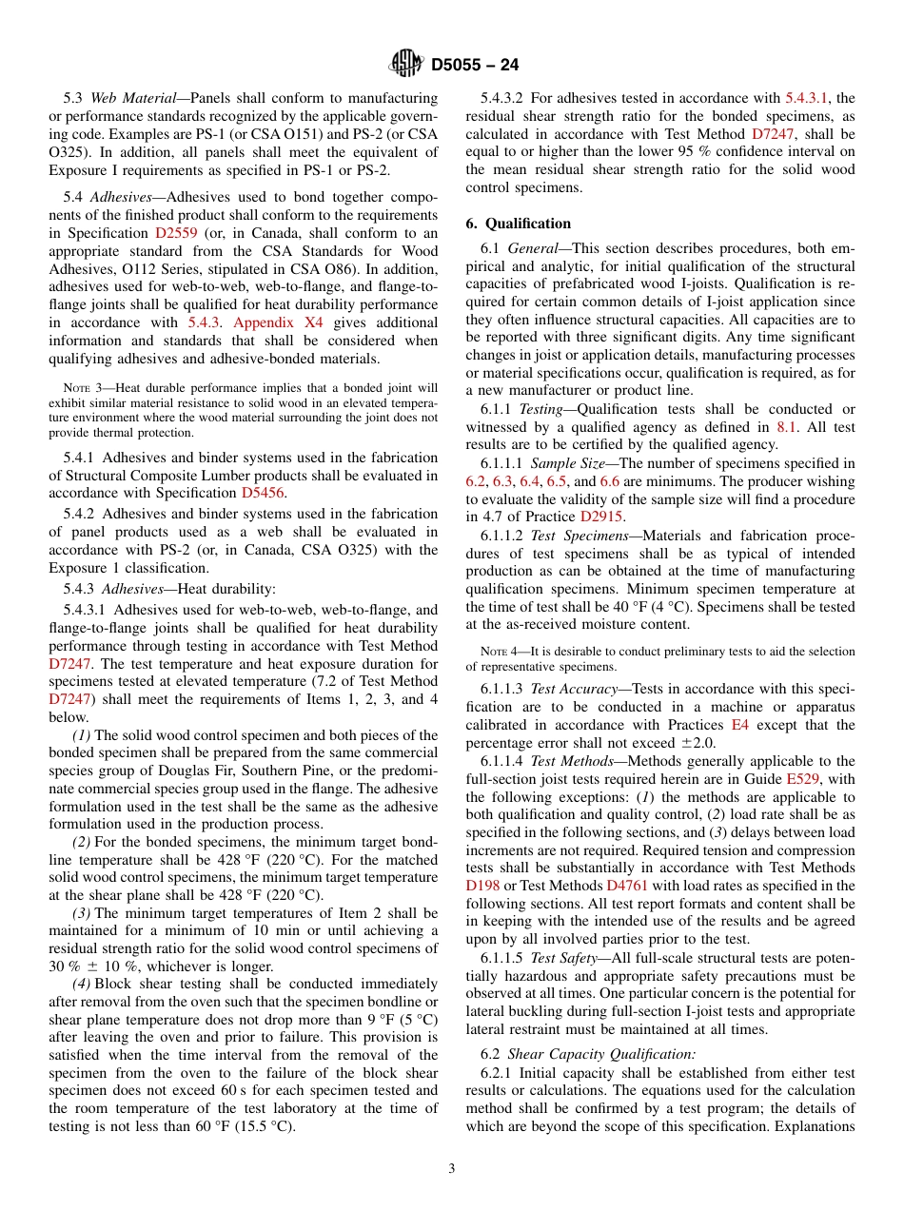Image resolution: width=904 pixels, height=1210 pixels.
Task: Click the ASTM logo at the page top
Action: click(406, 65)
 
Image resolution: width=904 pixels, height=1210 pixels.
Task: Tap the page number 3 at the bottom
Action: click(452, 1168)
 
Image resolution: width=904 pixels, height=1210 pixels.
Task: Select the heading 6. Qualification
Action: click(518, 224)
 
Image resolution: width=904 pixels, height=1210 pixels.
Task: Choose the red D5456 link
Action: click(262, 493)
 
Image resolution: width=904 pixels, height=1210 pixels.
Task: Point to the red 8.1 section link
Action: click(786, 428)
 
